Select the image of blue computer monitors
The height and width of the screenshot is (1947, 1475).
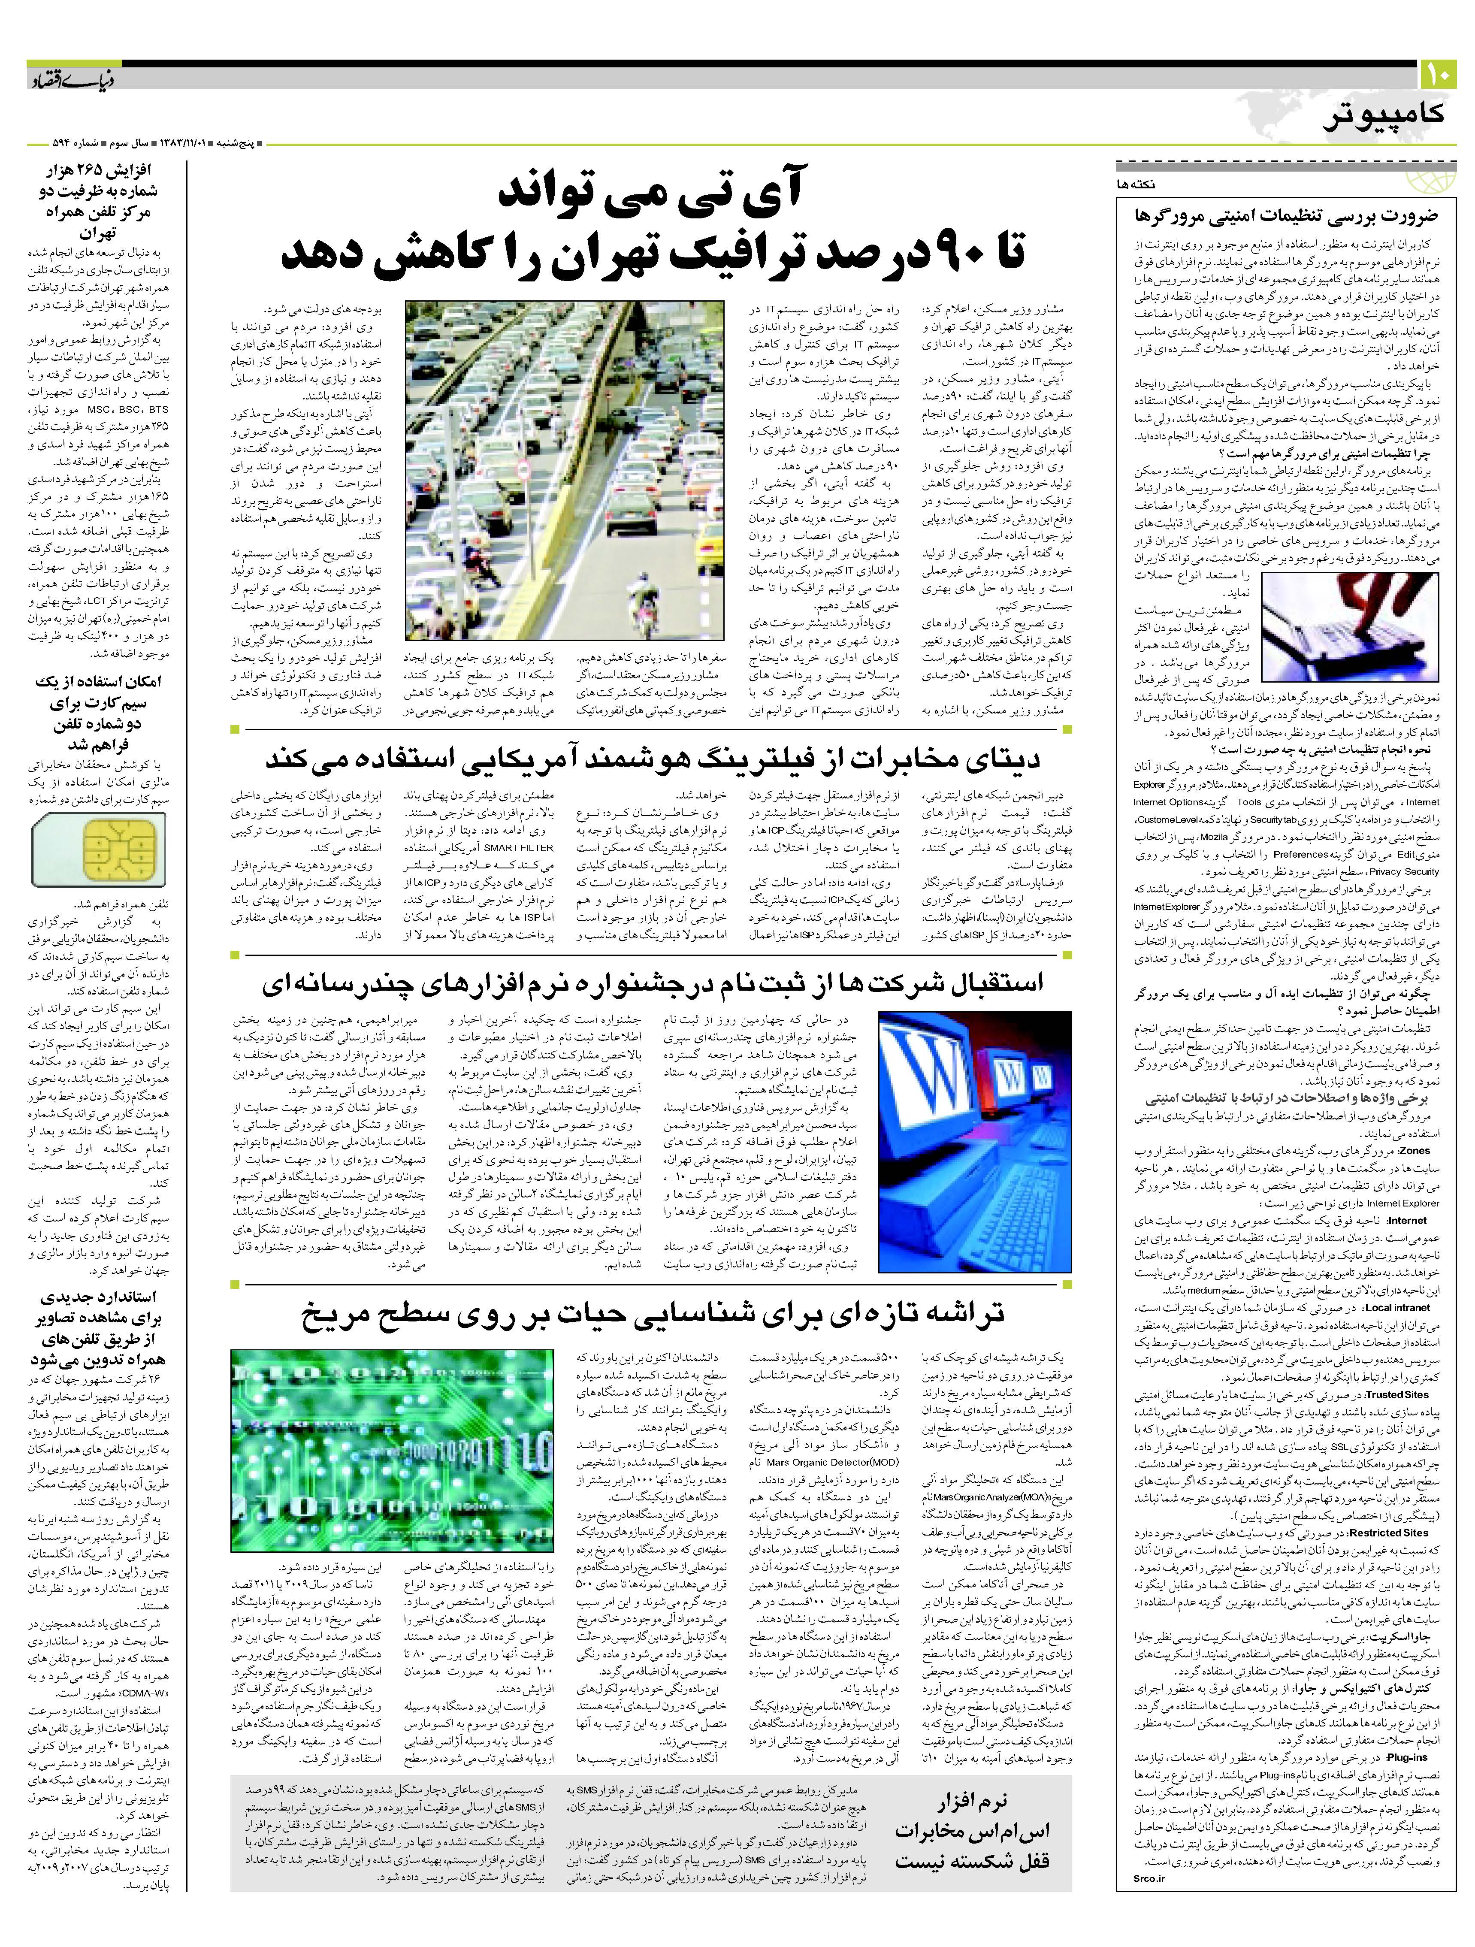click(974, 1142)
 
